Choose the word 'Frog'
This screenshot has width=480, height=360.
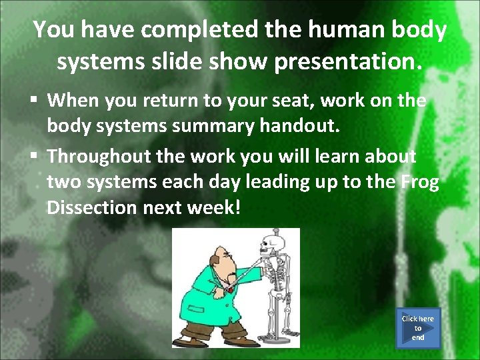click(420, 182)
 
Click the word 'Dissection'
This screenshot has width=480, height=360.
click(91, 207)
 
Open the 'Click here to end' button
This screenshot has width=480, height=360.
click(417, 327)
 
